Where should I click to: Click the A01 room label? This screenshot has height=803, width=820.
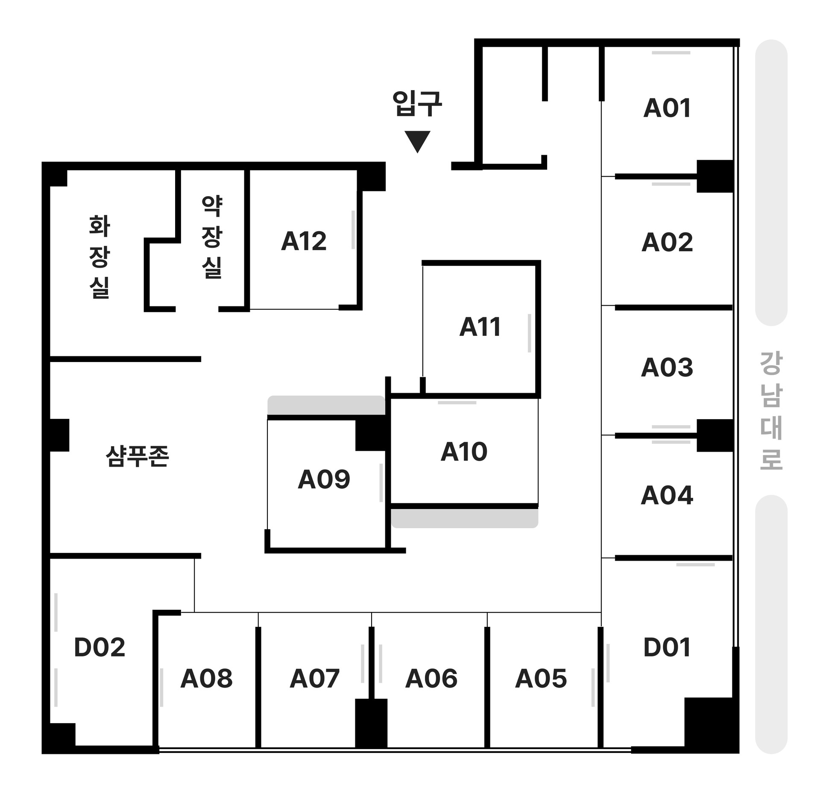(667, 108)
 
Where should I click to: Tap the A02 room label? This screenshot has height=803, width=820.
(667, 242)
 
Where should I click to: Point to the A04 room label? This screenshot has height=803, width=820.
(667, 495)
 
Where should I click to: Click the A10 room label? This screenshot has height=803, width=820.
(464, 452)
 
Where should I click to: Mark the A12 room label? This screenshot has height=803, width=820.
(304, 241)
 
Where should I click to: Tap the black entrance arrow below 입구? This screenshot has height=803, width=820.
(417, 140)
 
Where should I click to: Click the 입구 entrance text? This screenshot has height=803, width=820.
(417, 104)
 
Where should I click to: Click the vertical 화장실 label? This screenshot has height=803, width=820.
(100, 256)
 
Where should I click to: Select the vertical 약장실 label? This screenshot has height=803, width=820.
(212, 237)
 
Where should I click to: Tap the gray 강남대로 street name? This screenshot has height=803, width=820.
(771, 411)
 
